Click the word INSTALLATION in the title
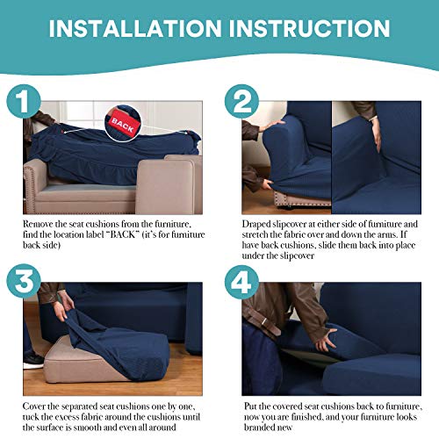pos(135,28)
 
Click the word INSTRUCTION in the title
pos(309,28)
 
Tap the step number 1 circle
pos(24,101)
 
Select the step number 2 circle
pos(241,101)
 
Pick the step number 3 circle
pos(24,281)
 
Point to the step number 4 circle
pos(241,282)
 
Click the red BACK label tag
pos(123,124)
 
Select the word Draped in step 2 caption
pos(256,225)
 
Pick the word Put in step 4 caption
pos(250,407)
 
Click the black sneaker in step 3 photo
pos(33,361)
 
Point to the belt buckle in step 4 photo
pos(265,322)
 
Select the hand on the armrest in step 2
pos(272,126)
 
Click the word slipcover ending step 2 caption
pos(297,256)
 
